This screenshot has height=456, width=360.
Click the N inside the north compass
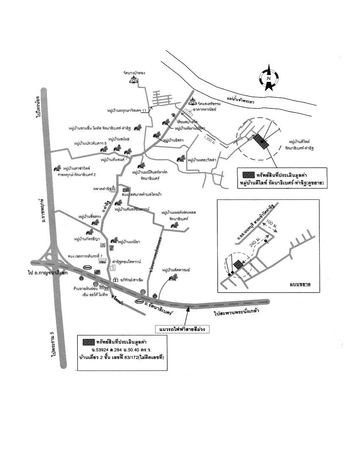click(269, 79)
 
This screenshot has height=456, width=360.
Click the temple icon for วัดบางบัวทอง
click(134, 80)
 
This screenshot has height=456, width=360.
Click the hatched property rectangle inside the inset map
click(238, 265)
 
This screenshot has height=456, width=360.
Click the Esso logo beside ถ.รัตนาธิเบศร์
click(139, 301)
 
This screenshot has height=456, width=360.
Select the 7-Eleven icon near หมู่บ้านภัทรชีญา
click(102, 245)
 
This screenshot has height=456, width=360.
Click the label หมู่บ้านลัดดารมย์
click(176, 269)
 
